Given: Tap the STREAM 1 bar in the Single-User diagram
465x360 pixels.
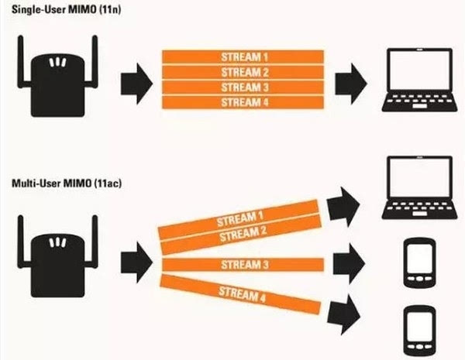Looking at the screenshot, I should pos(243,57).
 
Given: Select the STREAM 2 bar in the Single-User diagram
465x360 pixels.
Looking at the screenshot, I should pos(243,72).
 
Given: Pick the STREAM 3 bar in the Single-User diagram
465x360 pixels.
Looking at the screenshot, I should pos(243,87).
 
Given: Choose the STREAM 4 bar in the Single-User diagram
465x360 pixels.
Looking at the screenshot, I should pos(243,102).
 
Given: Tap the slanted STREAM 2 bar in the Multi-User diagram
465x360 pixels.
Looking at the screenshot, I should pos(240,230).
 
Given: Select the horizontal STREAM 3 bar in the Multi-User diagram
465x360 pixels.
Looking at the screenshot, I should pos(242,266).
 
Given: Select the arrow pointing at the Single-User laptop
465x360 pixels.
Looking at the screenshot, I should pos(350,79).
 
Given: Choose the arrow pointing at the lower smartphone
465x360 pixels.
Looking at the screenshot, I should pos(346,313).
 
